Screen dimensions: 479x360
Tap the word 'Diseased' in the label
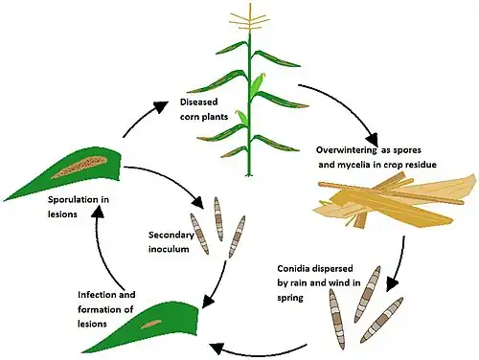[x=198, y=102]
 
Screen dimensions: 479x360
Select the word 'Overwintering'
[x=347, y=150]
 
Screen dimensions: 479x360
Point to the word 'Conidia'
[x=294, y=269]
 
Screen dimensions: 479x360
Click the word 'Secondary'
[x=171, y=236]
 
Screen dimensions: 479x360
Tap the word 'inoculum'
[x=169, y=249]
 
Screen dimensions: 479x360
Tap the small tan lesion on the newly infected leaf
[x=151, y=324]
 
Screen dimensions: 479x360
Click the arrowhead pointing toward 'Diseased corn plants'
[x=162, y=106]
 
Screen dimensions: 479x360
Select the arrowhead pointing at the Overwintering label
[x=372, y=140]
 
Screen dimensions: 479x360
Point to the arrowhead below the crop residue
[x=392, y=284]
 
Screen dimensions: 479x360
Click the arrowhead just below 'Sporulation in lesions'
[x=98, y=211]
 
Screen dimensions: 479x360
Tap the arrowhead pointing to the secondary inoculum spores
[x=198, y=203]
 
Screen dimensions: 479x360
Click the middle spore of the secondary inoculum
[x=218, y=219]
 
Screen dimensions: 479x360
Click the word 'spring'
[x=290, y=298]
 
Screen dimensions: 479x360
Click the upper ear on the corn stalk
[x=258, y=85]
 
